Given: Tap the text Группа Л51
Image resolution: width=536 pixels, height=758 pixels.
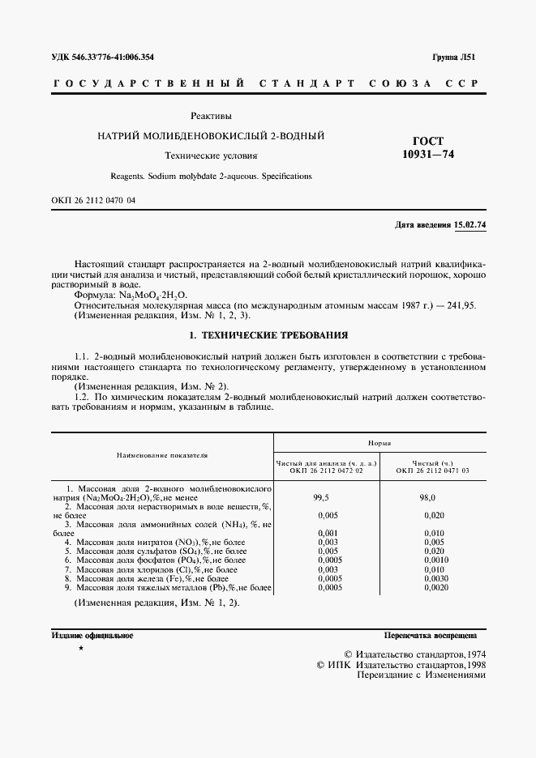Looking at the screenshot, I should click(459, 57).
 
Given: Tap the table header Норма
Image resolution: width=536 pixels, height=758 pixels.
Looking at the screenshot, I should click(379, 444).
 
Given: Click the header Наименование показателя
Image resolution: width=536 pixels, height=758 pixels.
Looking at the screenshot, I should click(161, 455).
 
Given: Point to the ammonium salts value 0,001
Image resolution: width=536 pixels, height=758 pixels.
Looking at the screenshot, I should click(325, 532).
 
